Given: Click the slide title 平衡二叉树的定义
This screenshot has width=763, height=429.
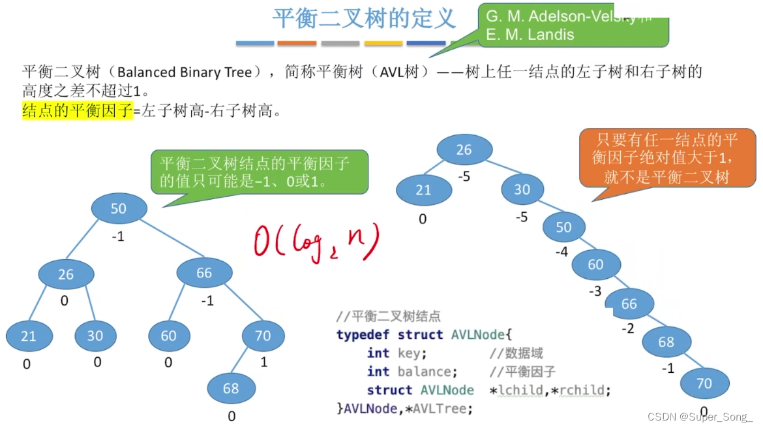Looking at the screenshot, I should coord(363,18).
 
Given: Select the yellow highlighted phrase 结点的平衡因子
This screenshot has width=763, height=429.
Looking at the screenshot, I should coord(77,111).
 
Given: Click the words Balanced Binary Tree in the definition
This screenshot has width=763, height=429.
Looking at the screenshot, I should coord(185,72).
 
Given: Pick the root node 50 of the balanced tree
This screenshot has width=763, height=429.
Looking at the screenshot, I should coord(119,209).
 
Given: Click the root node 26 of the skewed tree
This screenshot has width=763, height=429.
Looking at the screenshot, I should coord(464,150).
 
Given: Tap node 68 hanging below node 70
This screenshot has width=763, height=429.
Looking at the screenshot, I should coord(231,389).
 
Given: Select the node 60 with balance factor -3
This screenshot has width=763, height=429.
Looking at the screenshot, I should coord(595,264).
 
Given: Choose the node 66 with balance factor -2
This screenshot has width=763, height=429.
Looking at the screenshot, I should coord(629,304).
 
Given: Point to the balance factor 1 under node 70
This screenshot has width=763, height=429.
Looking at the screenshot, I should coord(263,361).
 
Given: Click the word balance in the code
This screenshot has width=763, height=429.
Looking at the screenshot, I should coord(424,372).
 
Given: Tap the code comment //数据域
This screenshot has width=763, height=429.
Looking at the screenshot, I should coord(516,353).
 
